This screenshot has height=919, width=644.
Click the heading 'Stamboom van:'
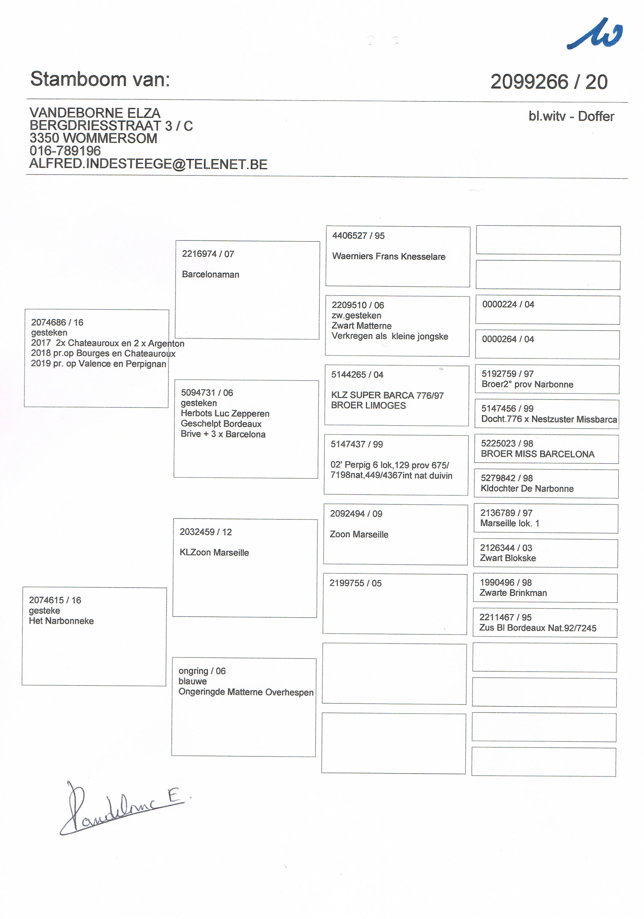click(100, 79)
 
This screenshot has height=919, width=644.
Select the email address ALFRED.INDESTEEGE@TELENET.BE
click(148, 164)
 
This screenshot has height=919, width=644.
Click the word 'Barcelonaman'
click(210, 275)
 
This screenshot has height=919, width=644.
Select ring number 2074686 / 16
click(57, 322)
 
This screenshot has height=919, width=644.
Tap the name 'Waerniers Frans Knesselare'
click(388, 256)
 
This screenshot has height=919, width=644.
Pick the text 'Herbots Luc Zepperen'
click(225, 413)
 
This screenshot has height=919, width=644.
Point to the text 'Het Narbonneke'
click(61, 621)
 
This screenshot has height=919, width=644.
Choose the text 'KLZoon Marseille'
click(214, 552)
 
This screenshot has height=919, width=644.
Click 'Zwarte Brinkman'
click(513, 593)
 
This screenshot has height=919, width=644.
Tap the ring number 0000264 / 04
click(508, 339)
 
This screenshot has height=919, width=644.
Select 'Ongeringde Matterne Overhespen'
click(246, 692)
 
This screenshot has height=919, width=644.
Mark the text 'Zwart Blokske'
click(508, 558)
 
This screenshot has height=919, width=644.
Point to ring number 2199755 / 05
click(355, 583)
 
